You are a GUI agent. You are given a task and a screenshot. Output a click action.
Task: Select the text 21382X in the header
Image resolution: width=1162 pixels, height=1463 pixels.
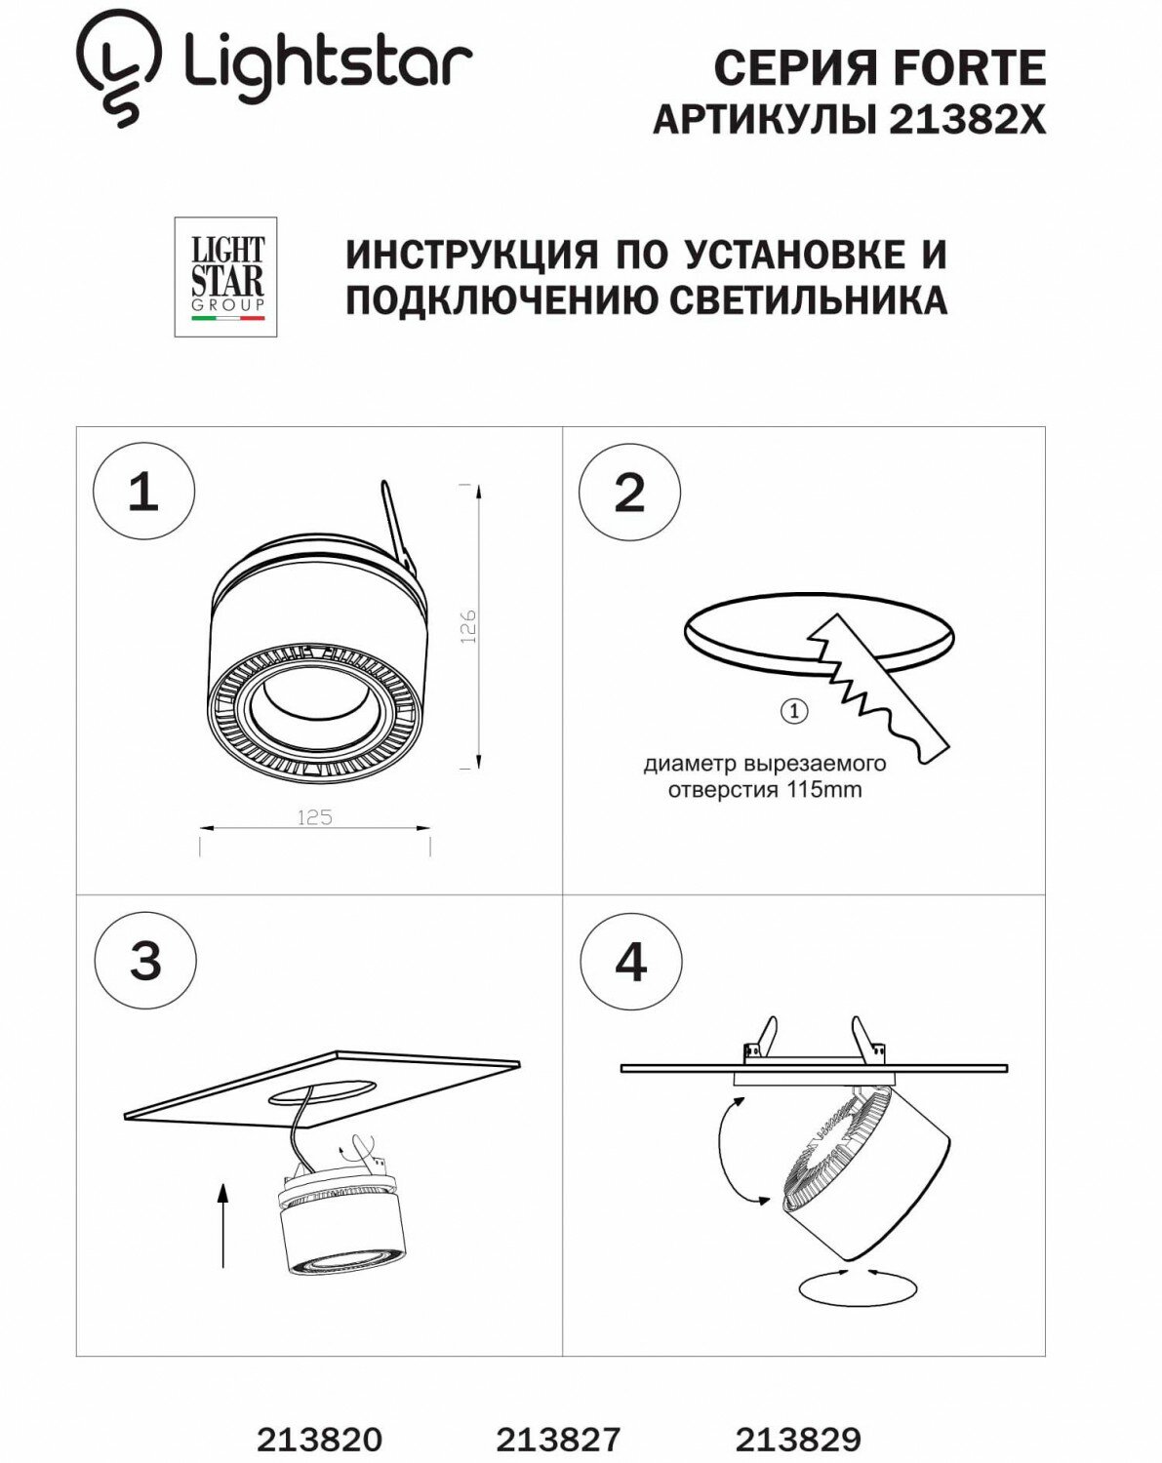click(x=967, y=120)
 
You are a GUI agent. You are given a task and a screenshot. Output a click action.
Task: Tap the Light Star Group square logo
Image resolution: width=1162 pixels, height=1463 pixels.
click(x=225, y=277)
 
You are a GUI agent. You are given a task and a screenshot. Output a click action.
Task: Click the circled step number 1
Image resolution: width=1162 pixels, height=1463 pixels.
click(x=143, y=492)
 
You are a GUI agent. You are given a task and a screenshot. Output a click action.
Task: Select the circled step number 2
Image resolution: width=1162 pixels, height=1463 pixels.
click(x=629, y=492)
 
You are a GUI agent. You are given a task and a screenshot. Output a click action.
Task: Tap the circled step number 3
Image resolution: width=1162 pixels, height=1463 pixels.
click(x=145, y=961)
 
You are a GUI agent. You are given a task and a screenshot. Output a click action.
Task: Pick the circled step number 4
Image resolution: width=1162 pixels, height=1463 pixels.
click(x=630, y=962)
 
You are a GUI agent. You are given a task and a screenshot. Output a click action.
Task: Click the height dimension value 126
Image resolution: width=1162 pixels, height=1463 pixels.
click(x=467, y=626)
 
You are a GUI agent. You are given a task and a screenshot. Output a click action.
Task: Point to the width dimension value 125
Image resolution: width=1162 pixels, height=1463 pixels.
click(x=314, y=817)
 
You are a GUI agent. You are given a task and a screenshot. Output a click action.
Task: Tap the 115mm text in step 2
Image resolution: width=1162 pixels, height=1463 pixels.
click(x=828, y=790)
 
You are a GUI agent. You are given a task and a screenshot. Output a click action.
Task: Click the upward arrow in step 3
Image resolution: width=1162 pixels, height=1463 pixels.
click(x=223, y=1224)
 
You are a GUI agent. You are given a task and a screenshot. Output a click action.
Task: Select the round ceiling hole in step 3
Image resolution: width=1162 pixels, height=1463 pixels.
click(x=322, y=1089)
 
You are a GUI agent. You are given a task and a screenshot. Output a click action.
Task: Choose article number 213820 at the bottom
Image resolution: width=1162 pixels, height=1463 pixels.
click(x=319, y=1439)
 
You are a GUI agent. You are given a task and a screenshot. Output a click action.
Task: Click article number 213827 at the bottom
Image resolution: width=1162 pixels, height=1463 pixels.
click(x=558, y=1439)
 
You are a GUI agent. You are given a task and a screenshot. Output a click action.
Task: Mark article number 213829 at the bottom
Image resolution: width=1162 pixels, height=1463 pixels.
click(x=798, y=1439)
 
